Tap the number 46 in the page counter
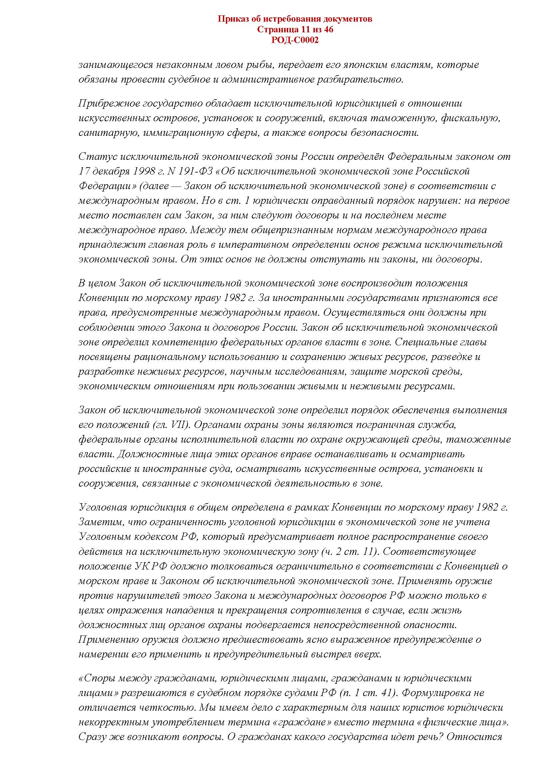pos(328,30)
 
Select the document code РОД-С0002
pos(295,40)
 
